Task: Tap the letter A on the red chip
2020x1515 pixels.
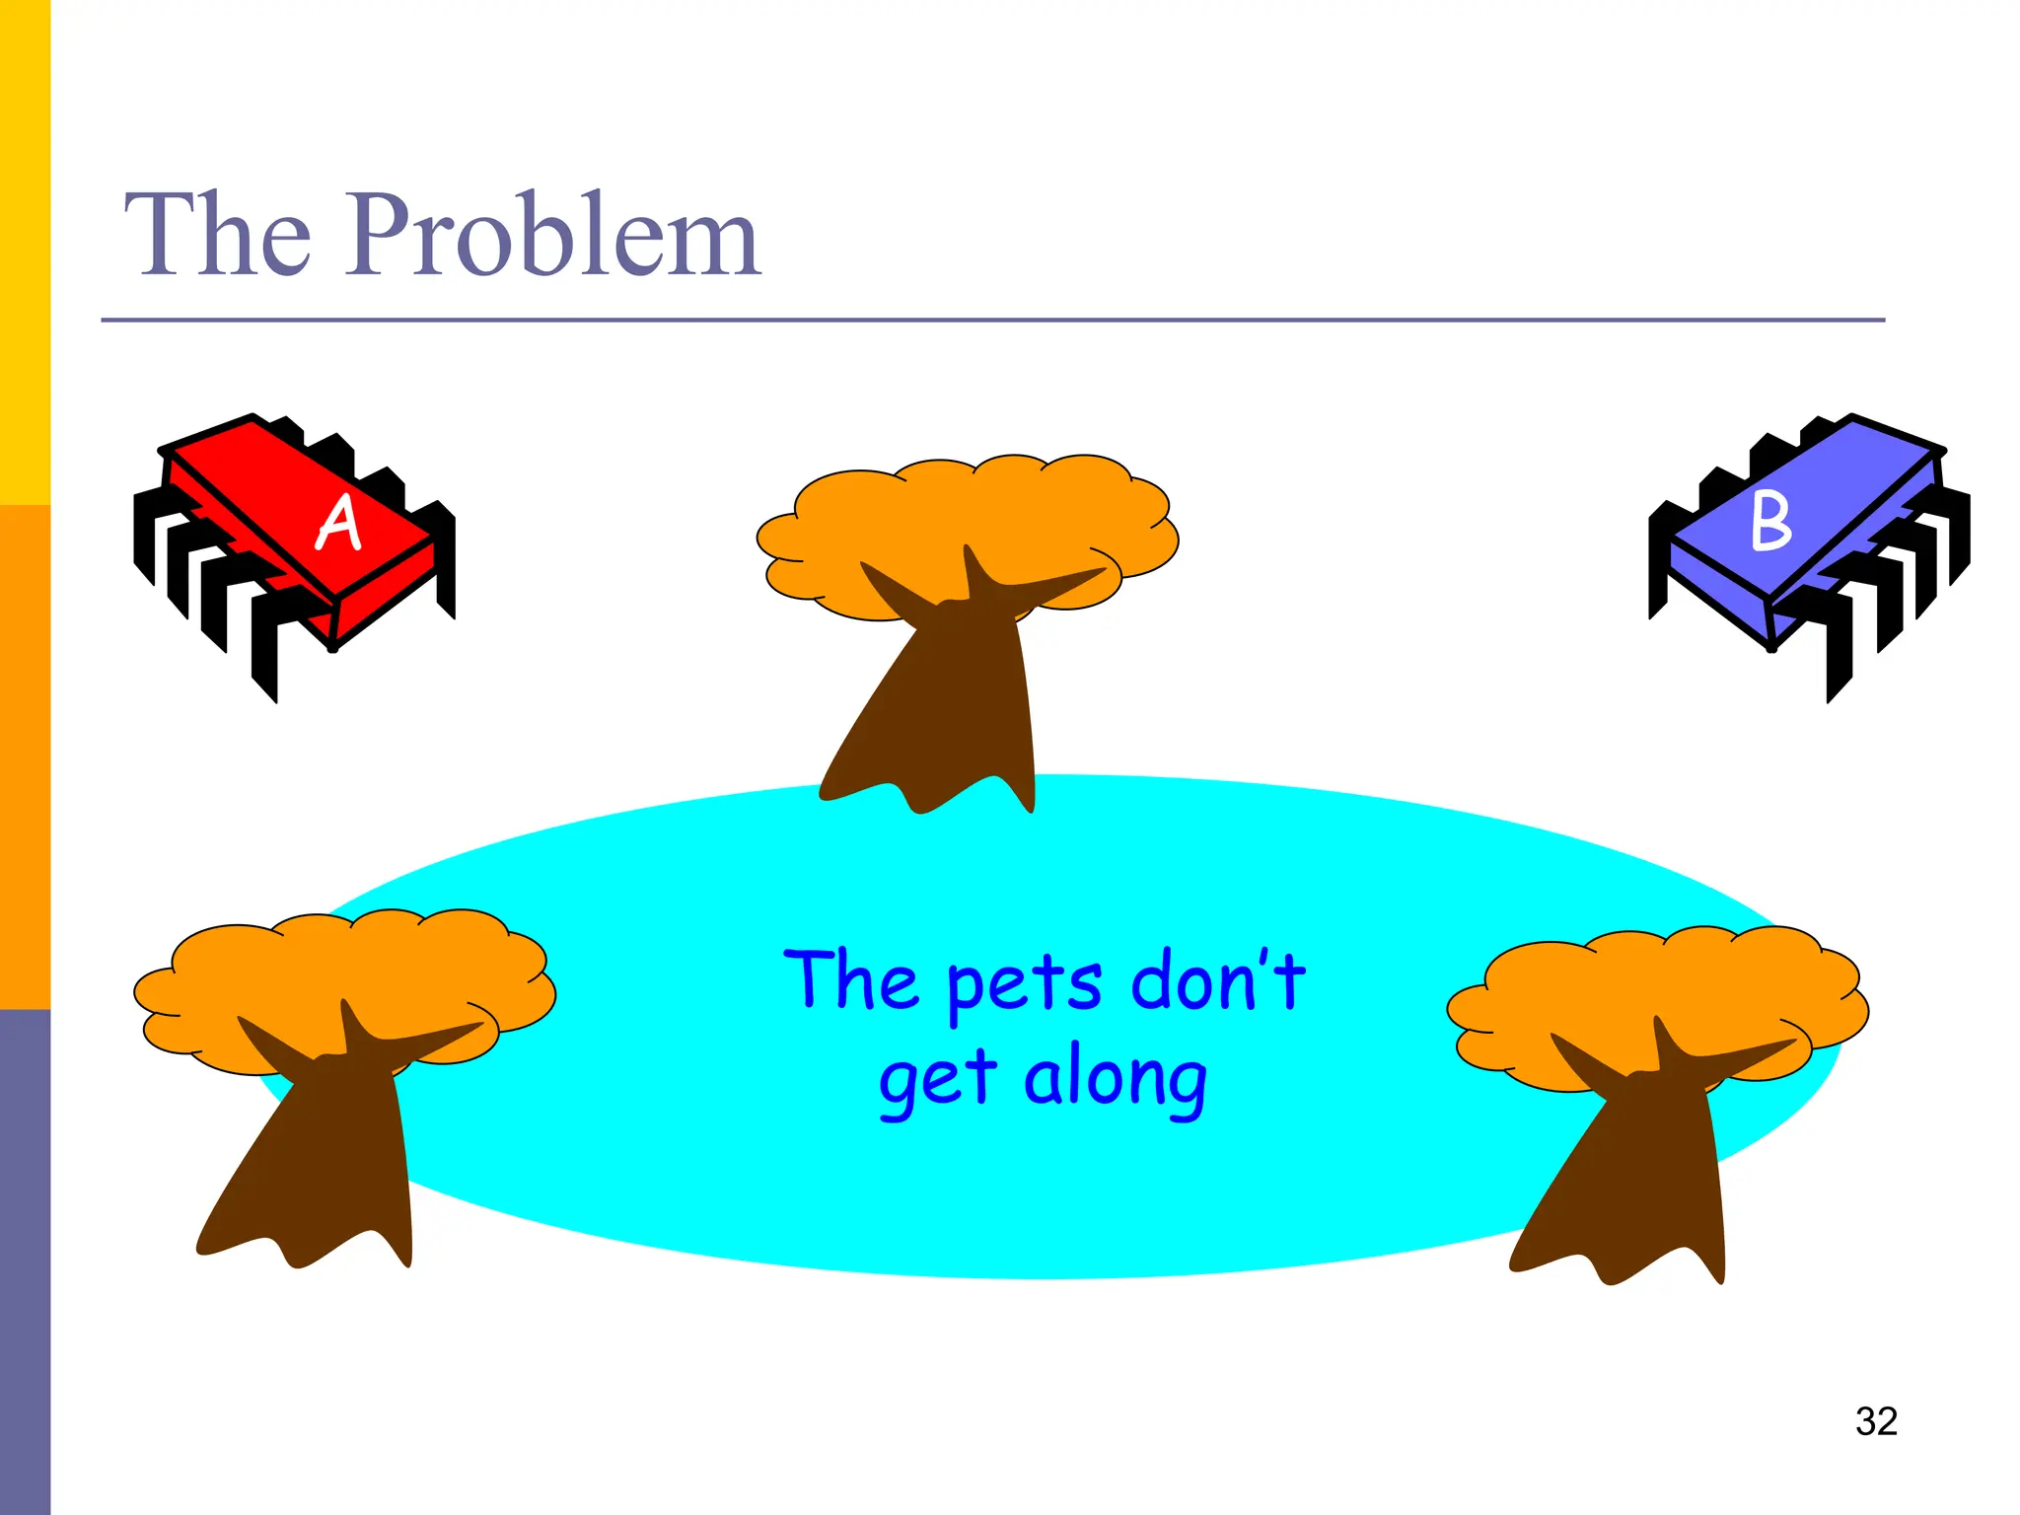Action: pos(338,522)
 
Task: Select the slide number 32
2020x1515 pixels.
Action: pos(1875,1421)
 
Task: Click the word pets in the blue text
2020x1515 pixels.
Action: pos(1023,983)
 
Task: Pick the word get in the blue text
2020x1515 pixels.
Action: pos(937,1080)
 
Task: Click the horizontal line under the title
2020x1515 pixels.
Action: pos(986,320)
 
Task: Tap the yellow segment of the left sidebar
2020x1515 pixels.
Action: pos(25,247)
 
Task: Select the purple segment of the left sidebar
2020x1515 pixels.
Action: pos(25,1262)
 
